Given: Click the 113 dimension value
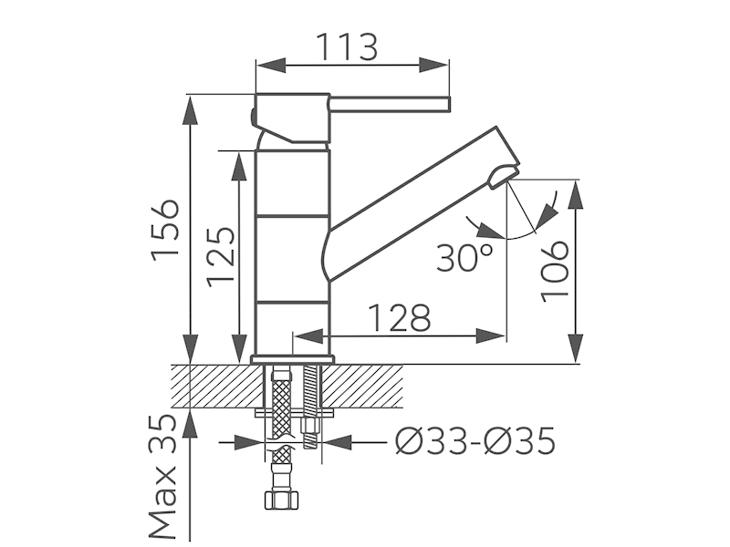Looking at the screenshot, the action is [347, 47].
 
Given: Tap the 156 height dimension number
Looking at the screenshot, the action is [165, 230].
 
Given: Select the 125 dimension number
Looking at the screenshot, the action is [220, 256].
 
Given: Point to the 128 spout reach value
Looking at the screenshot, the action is [400, 318].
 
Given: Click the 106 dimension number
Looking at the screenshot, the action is [555, 272].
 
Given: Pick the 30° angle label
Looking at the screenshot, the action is [464, 257].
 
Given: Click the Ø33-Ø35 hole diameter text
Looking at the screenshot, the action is [475, 440].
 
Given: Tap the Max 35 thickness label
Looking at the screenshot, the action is [163, 476].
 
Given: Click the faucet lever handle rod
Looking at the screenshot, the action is [391, 105].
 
